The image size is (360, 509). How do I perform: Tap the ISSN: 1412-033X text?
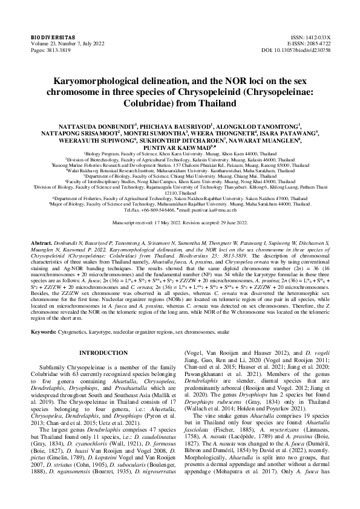(x=314, y=37)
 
